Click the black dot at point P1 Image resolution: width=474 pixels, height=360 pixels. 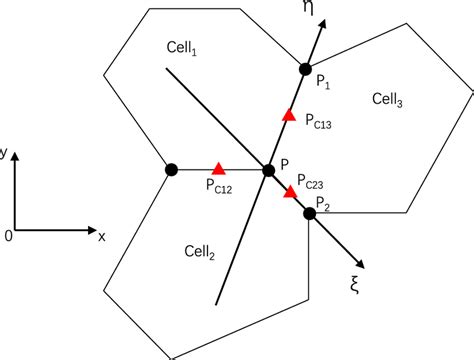tap(306, 69)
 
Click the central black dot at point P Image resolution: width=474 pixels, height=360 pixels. tap(268, 171)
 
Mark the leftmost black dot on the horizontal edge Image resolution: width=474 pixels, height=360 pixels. tap(171, 170)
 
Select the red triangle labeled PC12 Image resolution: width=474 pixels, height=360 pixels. tap(218, 169)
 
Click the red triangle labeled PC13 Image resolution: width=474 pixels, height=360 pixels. tap(288, 117)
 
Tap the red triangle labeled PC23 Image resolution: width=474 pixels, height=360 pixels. tap(290, 191)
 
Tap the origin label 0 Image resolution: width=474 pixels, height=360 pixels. tap(8, 236)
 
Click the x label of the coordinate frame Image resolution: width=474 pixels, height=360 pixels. tap(101, 236)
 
